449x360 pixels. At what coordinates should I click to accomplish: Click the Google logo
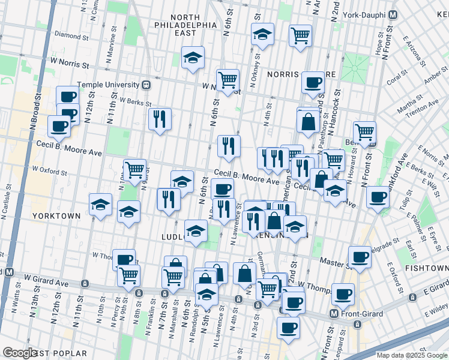(20, 352)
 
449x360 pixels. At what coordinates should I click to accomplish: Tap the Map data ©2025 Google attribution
(412, 355)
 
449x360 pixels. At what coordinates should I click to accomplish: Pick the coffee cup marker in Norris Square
(312, 83)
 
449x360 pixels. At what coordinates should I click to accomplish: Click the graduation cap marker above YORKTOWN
(101, 204)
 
